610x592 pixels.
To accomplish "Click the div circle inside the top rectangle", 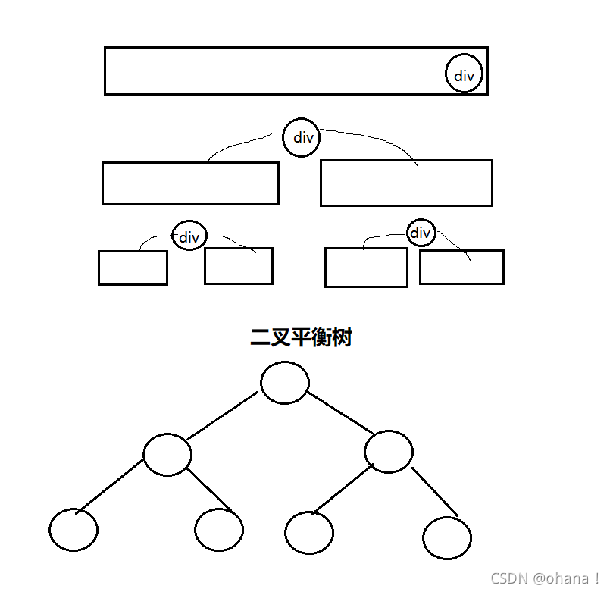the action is click(464, 74).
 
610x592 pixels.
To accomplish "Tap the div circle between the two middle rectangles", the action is click(302, 137).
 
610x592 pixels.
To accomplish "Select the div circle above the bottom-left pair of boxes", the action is click(189, 236).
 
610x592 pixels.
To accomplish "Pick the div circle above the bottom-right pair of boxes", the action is click(421, 233).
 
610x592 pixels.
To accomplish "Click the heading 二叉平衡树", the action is click(301, 338).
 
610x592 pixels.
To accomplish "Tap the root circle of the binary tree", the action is click(285, 383).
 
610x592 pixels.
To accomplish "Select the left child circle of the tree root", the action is click(167, 454).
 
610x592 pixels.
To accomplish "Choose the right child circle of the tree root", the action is click(389, 452).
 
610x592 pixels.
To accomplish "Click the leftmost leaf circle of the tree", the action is click(74, 529).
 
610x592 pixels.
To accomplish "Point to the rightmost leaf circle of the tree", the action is click(447, 537).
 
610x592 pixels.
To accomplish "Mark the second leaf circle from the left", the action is click(219, 529).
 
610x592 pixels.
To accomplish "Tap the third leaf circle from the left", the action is click(309, 531).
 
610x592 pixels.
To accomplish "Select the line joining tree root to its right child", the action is click(339, 413).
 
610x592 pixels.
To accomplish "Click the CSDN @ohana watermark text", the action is click(544, 578).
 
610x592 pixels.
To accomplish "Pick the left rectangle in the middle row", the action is click(190, 183).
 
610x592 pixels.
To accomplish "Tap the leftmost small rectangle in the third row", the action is click(133, 268).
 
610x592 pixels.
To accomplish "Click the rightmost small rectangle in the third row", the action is click(461, 268).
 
